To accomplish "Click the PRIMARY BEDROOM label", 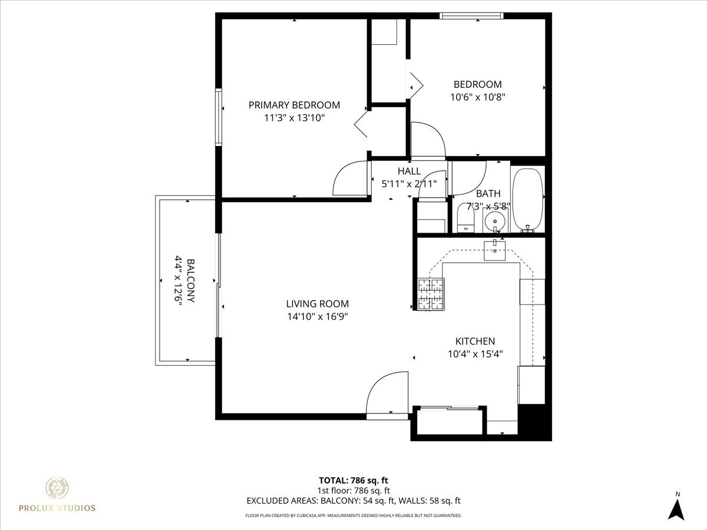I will pos(294,105).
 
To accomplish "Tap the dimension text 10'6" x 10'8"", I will pos(477,97).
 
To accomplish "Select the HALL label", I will pos(409,171).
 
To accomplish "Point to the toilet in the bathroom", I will pos(466,219).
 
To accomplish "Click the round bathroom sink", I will pos(494,221).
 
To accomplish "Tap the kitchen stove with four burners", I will pos(430,294).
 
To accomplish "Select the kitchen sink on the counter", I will pos(494,250).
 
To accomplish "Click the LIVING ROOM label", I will pos(317,304).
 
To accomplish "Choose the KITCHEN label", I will pos(475,341).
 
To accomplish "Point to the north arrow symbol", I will pos(678,508).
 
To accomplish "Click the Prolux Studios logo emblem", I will pos(57,488).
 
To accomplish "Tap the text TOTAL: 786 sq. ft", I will pos(353,481).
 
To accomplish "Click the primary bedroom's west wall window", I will pos(219,117).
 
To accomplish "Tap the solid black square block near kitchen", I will pos(534,422).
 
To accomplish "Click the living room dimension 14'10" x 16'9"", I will pos(317,316).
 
